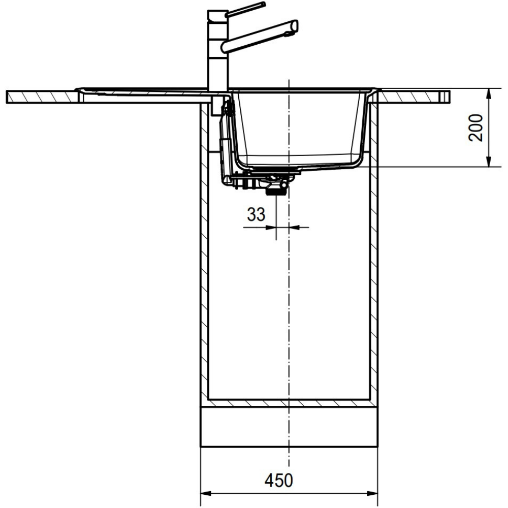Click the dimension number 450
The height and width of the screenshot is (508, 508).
click(278, 480)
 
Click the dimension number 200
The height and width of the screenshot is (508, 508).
click(476, 128)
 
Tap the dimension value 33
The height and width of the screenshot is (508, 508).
click(256, 214)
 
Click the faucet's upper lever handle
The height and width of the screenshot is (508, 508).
click(245, 9)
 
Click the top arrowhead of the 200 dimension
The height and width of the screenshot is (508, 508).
click(489, 93)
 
